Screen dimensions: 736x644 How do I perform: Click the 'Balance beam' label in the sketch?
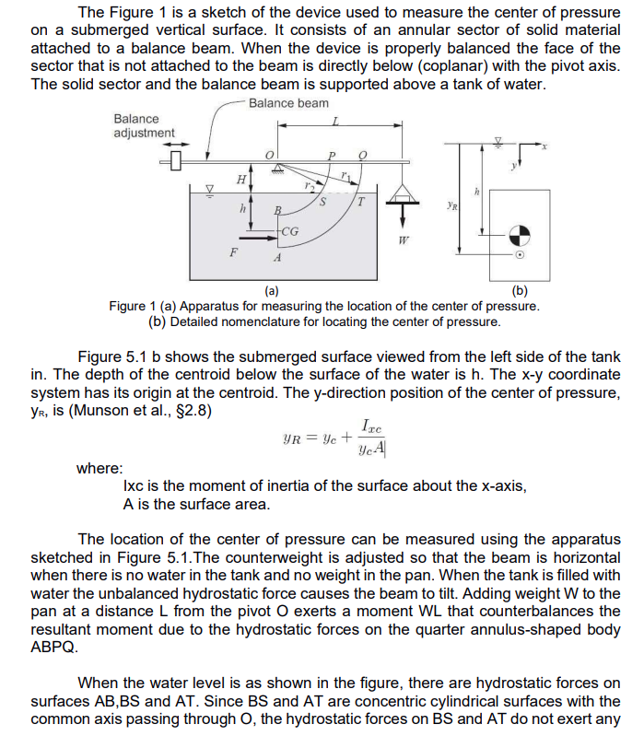point(288,102)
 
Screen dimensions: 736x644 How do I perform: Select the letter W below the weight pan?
point(403,242)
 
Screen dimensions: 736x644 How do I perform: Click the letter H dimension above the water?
point(241,178)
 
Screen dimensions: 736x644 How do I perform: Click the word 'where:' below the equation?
point(100,468)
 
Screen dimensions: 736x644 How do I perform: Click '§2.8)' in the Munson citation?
point(193,410)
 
